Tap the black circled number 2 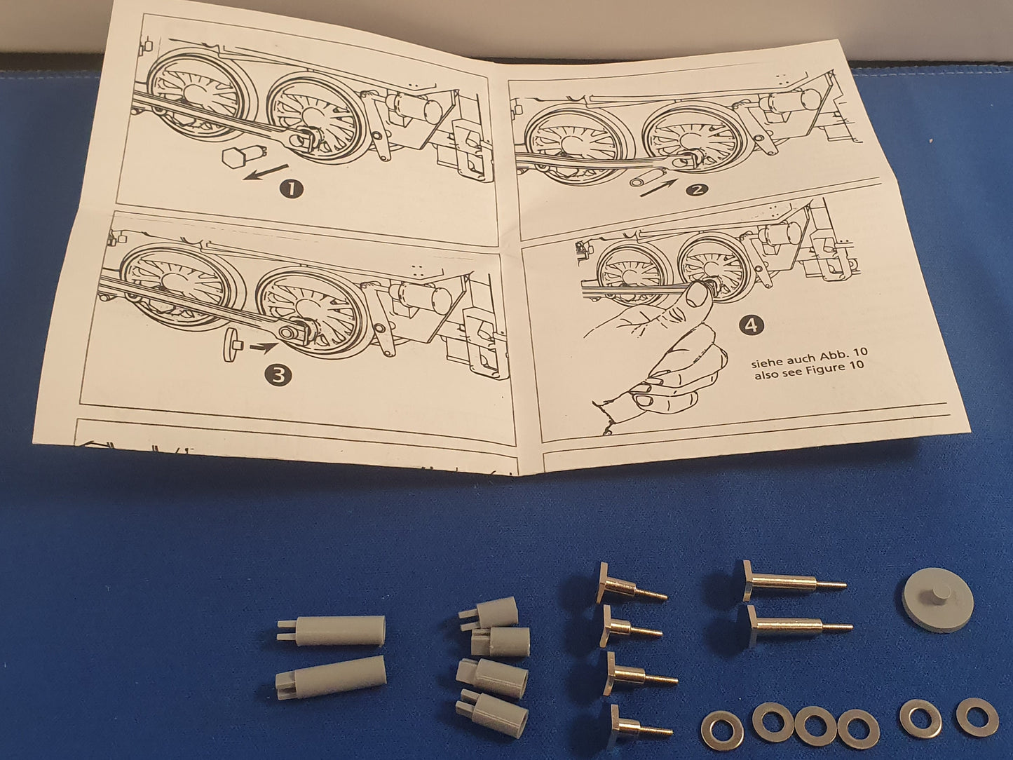(x=696, y=189)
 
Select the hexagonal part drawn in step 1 (x=233, y=158)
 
